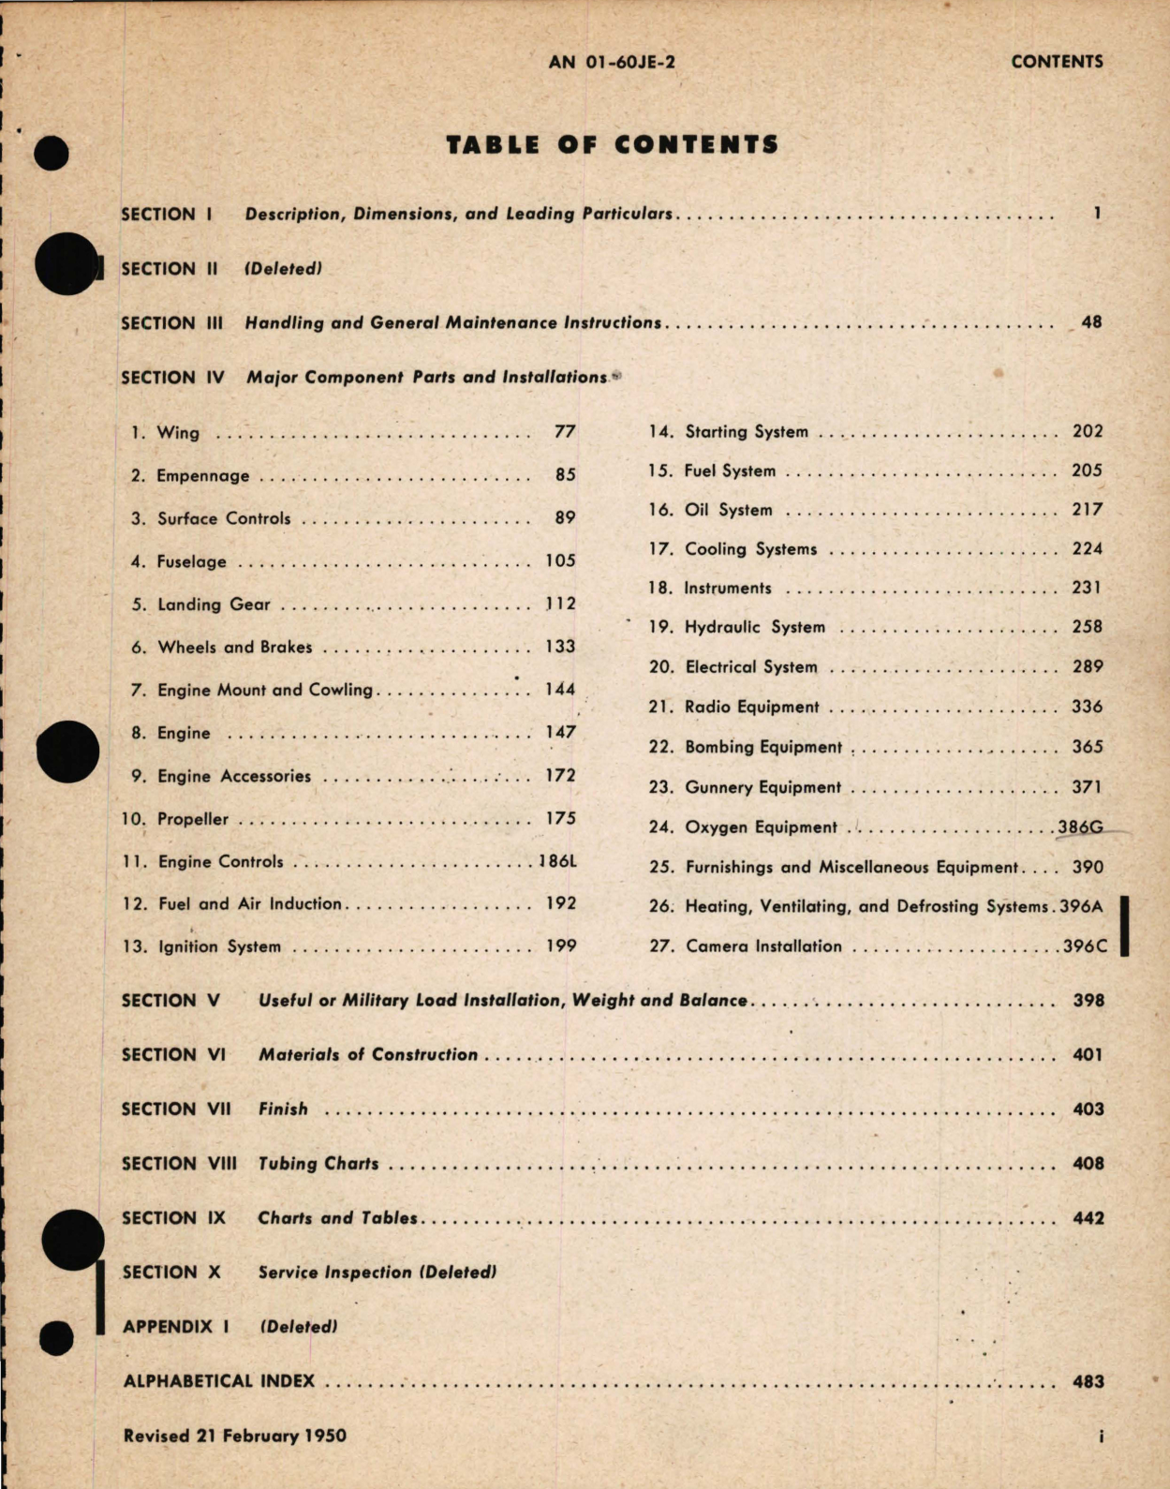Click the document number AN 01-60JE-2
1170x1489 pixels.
pos(612,62)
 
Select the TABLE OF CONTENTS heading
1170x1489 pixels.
pos(612,145)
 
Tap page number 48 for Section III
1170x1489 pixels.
pos(1091,322)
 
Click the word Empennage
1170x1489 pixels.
pos(203,476)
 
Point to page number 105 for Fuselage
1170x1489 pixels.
pos(560,561)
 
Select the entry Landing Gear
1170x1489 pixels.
pos(214,604)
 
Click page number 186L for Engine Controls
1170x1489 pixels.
pos(557,861)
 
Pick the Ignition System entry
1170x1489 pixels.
pos(219,946)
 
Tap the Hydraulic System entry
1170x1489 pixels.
pos(755,627)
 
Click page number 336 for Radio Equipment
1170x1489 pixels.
pos(1088,707)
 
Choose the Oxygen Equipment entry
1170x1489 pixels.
pos(761,827)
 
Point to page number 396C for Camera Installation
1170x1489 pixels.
pos(1085,946)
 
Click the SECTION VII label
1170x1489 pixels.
pos(176,1109)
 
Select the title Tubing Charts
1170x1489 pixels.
pos(318,1164)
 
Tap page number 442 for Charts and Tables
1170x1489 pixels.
pos(1089,1218)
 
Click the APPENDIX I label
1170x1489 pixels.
pos(176,1327)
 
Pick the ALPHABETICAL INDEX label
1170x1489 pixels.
pos(219,1381)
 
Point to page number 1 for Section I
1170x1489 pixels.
pos(1097,214)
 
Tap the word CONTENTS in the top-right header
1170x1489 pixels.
pos(1057,62)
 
